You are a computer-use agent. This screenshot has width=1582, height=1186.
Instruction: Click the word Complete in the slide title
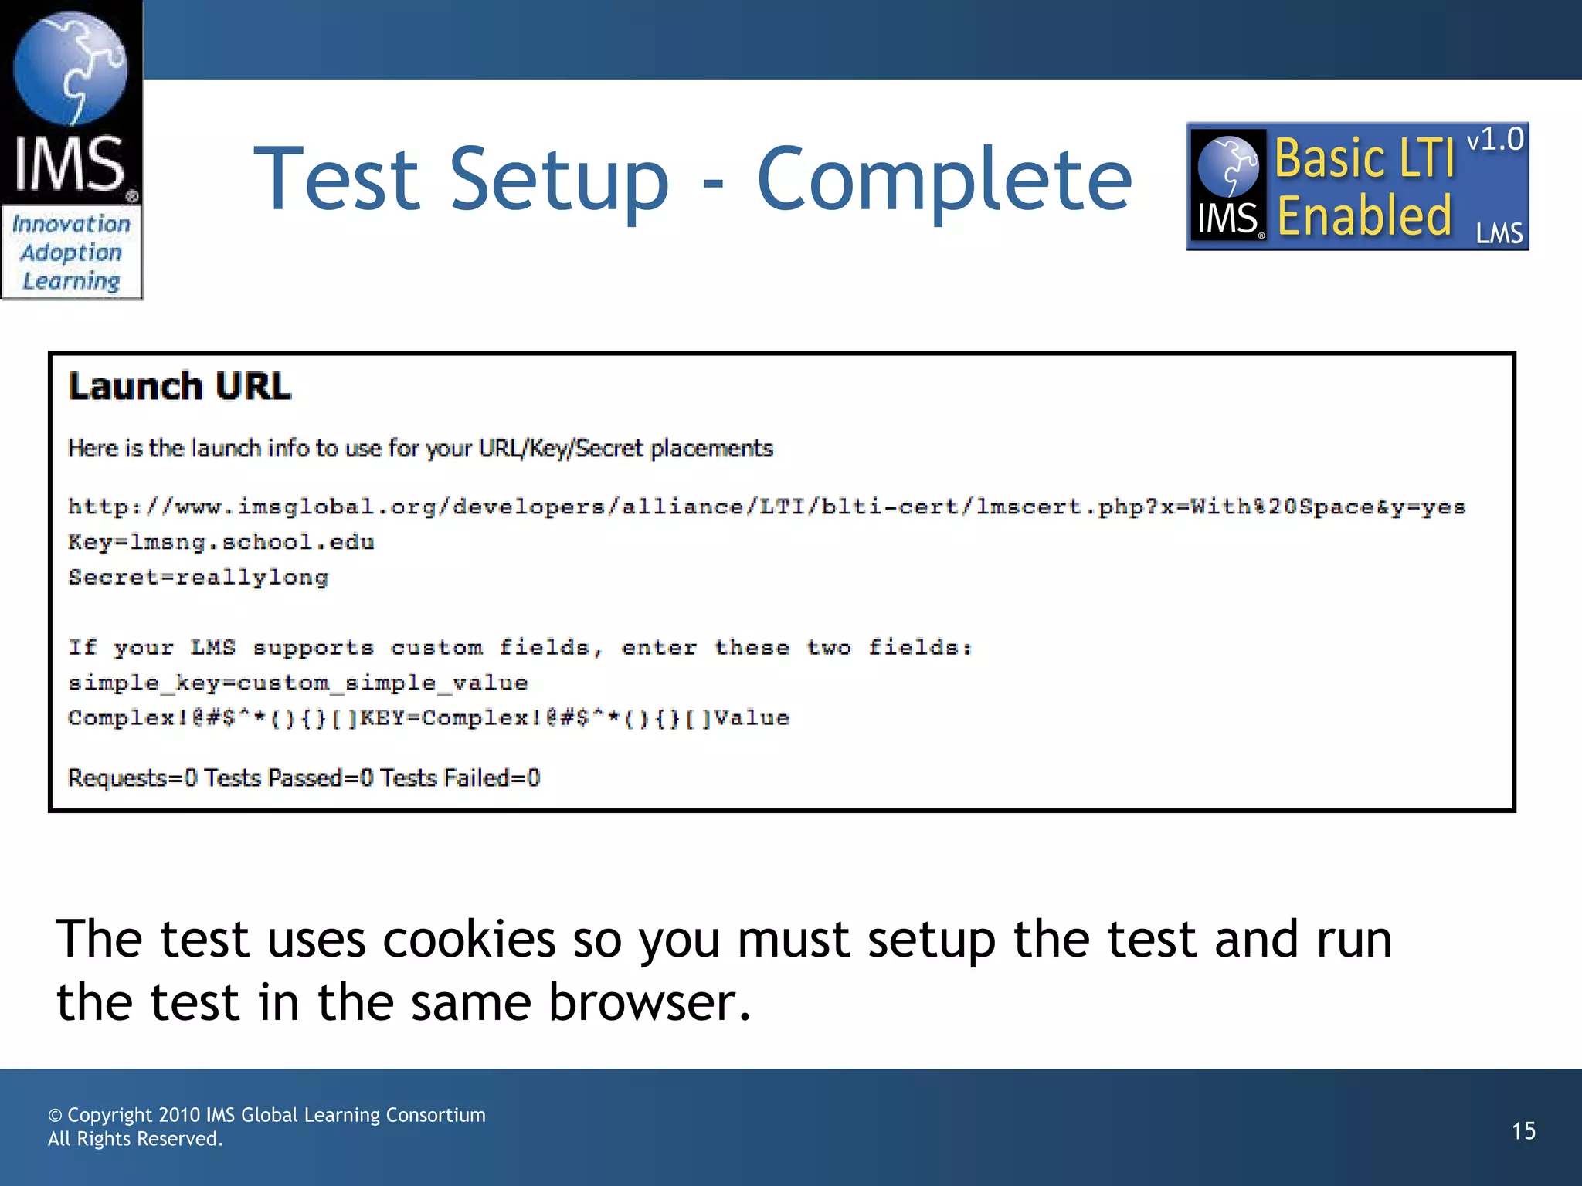pos(944,180)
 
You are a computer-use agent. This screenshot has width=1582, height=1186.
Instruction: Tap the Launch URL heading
pos(180,386)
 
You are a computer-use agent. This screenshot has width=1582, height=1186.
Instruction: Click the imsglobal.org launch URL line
pos(766,507)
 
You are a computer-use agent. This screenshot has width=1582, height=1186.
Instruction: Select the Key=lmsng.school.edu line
pos(222,542)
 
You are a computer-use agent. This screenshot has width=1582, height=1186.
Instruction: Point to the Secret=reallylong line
pos(199,577)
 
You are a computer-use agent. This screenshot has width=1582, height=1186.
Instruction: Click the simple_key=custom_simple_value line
pos(298,683)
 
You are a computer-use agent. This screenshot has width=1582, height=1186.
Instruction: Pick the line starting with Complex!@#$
pos(429,718)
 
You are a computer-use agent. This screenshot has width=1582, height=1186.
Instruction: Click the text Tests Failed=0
pos(460,778)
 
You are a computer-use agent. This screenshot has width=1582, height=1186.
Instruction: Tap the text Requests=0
pos(132,778)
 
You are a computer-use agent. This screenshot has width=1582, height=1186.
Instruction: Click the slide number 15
pos(1523,1131)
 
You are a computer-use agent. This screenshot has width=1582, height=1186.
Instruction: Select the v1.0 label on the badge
pos(1495,141)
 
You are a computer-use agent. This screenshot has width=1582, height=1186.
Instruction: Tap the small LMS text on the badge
pos(1499,233)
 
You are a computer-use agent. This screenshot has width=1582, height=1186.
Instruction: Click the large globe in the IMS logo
pos(70,68)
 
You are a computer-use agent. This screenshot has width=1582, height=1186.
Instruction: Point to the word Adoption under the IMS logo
pos(71,252)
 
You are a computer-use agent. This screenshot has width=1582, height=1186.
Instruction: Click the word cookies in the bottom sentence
pos(469,940)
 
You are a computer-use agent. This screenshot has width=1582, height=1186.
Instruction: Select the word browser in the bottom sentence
pos(649,1003)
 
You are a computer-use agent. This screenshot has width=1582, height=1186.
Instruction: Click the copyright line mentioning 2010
pos(266,1115)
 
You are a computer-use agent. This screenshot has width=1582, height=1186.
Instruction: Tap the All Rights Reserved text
pos(135,1139)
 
